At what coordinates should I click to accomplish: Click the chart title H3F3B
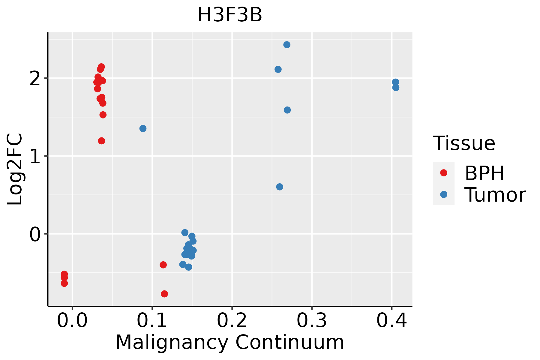pos(230,15)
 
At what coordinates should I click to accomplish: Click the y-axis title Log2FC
pos(15,169)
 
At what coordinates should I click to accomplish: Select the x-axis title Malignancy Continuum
pos(230,342)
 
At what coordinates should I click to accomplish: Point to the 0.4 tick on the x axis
pos(391,321)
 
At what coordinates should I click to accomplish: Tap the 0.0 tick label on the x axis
pos(72,321)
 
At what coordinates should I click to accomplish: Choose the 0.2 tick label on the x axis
pos(232,321)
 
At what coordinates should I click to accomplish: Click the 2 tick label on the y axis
pos(36,79)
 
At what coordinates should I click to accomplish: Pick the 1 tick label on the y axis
pos(36,156)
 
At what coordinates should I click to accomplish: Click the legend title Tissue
pos(464,143)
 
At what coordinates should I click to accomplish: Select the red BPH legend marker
pos(443,173)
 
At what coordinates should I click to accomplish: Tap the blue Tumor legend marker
pos(443,194)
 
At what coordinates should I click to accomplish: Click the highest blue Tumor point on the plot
pos(287,45)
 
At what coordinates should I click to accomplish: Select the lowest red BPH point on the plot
pos(164,294)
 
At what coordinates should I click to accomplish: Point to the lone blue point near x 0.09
pos(143,128)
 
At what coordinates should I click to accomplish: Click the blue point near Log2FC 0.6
pos(280,187)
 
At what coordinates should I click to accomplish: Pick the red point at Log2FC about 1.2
pos(102,141)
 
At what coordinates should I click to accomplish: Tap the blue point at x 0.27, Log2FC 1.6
pos(287,110)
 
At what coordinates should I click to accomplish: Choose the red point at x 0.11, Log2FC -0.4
pos(163,265)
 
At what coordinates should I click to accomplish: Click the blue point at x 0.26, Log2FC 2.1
pos(278,69)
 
